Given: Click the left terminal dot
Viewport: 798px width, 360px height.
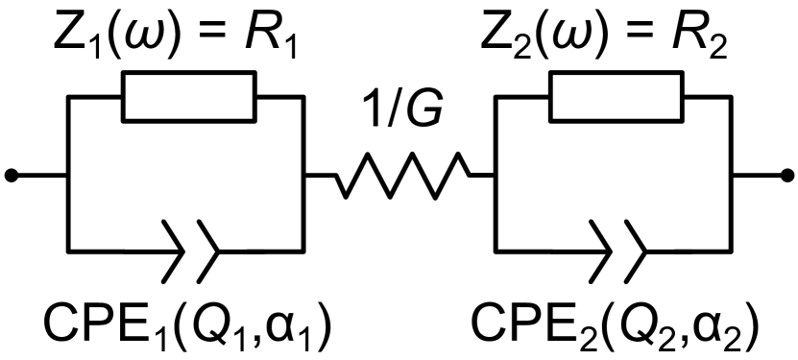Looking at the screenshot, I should click(x=12, y=176).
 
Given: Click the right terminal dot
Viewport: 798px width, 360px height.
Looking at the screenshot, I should click(x=788, y=176).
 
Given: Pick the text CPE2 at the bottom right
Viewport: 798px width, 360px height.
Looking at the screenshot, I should click(x=524, y=324).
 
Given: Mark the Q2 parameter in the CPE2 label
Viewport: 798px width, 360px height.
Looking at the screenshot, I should click(x=638, y=324).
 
